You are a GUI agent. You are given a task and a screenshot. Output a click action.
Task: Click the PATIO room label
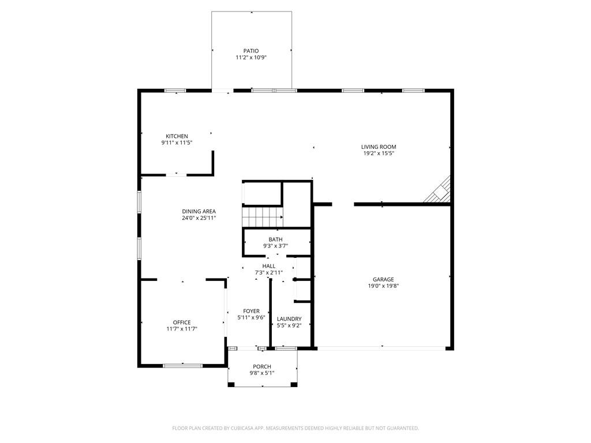[x=251, y=51]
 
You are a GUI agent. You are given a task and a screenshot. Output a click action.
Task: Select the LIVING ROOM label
[x=379, y=147]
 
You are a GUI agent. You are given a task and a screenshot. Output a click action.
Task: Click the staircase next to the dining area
[x=261, y=217]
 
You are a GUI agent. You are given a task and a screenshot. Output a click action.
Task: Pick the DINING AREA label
[x=199, y=211]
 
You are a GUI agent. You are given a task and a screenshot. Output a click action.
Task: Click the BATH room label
[x=275, y=239]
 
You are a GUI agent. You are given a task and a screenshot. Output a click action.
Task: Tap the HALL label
[x=269, y=266]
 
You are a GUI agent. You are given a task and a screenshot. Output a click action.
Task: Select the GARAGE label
[x=383, y=279]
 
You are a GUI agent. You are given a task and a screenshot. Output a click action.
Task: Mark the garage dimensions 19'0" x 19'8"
[x=383, y=286]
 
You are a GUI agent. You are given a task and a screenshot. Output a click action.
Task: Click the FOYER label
[x=251, y=311]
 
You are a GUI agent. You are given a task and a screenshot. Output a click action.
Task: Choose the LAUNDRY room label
[x=289, y=319]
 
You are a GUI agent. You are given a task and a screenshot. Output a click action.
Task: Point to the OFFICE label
[x=182, y=322]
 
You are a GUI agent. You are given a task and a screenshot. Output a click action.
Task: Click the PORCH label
[x=262, y=366]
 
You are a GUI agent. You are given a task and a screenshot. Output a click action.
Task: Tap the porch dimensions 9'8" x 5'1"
[x=262, y=373]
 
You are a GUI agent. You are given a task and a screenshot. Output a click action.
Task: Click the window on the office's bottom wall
[x=182, y=365]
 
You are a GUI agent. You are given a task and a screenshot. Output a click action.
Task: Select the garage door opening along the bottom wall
[x=381, y=348]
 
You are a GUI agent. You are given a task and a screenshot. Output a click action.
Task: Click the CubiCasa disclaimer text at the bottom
[x=295, y=428]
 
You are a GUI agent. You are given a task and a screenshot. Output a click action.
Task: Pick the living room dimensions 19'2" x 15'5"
[x=379, y=153]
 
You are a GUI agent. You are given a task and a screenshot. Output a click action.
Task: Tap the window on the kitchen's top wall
[x=175, y=91]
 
